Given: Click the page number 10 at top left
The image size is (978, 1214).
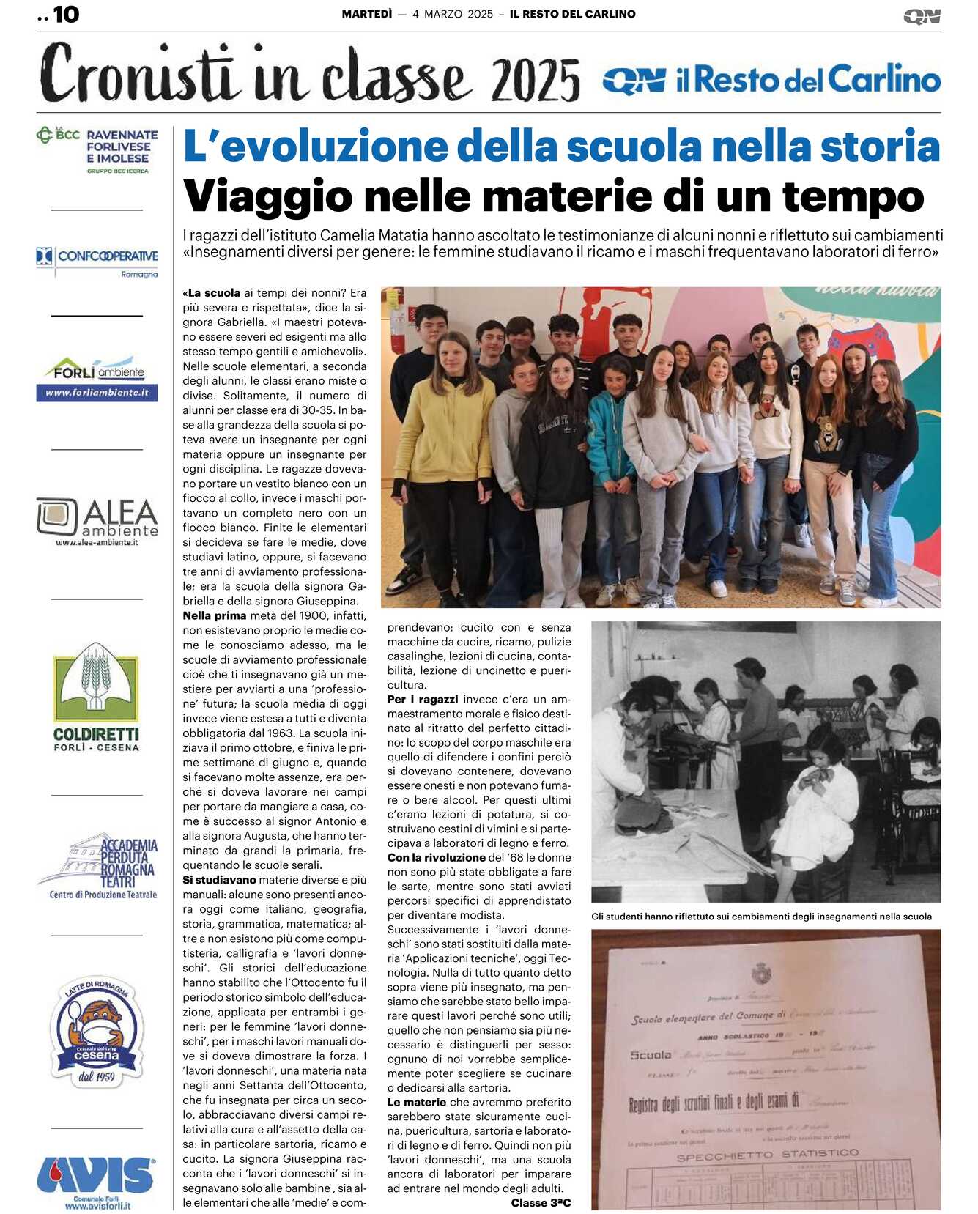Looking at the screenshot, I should [x=65, y=15].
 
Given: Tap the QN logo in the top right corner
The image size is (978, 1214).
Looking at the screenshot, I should [x=922, y=16].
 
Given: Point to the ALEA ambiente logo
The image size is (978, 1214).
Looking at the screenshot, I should [x=97, y=521].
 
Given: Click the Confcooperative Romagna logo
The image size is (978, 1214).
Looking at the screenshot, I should [x=97, y=261].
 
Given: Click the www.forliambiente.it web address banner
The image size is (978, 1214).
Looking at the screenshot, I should [x=97, y=393].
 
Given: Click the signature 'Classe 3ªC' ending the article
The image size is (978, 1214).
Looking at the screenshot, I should [x=541, y=1203].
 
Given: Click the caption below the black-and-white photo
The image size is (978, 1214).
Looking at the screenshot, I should [x=761, y=917].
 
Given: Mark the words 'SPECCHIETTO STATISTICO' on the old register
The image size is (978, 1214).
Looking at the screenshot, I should [x=767, y=1155].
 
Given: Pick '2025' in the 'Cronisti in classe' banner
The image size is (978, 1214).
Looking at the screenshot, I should [x=536, y=80].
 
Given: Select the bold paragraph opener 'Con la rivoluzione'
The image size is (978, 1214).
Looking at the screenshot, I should [x=436, y=857].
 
